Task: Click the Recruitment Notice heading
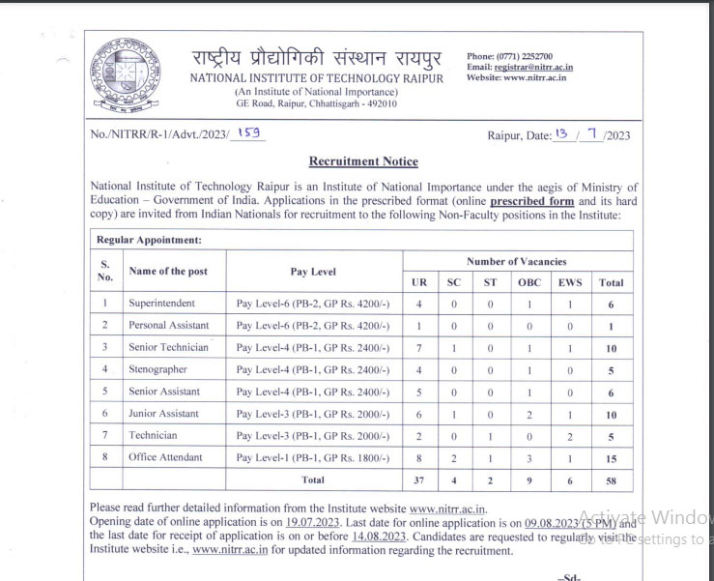point(363,161)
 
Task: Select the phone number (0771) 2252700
point(525,56)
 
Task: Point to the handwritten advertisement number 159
point(249,133)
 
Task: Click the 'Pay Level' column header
point(313,272)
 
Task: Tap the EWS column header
point(569,282)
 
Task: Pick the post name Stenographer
point(157,369)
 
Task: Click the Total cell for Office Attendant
point(611,458)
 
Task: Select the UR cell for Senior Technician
point(417,347)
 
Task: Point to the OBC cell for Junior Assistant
point(529,414)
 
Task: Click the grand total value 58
point(611,480)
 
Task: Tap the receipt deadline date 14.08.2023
point(377,536)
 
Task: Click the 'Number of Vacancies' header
point(516,261)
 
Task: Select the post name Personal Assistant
point(168,325)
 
